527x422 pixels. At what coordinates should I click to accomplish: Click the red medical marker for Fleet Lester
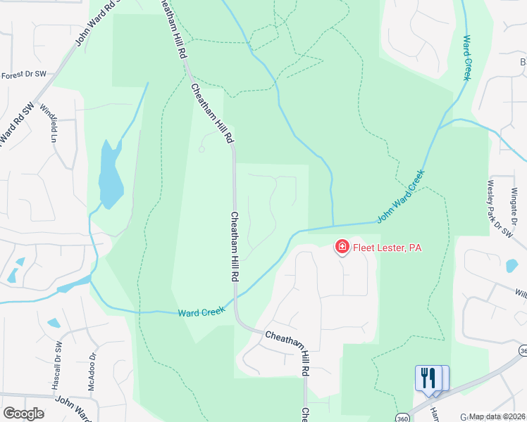point(342,246)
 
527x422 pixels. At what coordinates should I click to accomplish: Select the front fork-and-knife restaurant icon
point(426,378)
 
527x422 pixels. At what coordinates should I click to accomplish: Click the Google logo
point(23,414)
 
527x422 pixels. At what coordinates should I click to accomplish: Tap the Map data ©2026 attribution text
point(497,416)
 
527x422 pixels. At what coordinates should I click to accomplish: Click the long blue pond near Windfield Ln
point(110,176)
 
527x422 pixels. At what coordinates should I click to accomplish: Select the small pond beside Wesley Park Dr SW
point(512,265)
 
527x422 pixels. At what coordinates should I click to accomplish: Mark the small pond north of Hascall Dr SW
point(54,324)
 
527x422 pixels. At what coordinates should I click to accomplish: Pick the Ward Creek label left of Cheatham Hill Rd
point(201,311)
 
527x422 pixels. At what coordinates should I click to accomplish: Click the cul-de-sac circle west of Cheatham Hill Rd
point(201,149)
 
